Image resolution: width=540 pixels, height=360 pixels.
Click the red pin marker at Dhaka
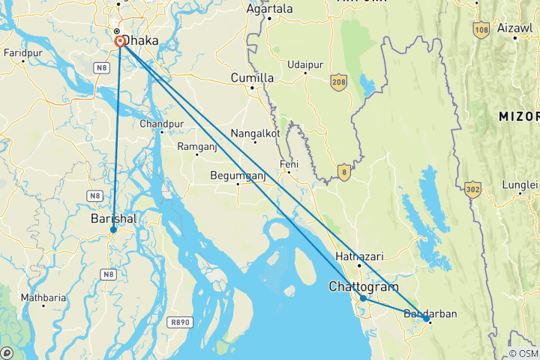click(120, 43)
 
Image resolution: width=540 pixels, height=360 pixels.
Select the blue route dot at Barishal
click(113, 229)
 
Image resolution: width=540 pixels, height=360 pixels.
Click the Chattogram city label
click(363, 286)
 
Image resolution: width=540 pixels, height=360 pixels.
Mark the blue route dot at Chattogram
click(363, 298)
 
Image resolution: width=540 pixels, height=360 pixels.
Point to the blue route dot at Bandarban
click(426, 319)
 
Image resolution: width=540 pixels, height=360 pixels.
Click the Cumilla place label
click(252, 78)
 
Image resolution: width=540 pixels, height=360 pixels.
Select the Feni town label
click(288, 164)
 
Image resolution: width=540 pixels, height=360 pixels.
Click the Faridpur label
click(22, 53)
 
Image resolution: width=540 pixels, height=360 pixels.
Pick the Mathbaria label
click(43, 298)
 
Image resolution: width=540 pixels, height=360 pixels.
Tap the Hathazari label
click(359, 256)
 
